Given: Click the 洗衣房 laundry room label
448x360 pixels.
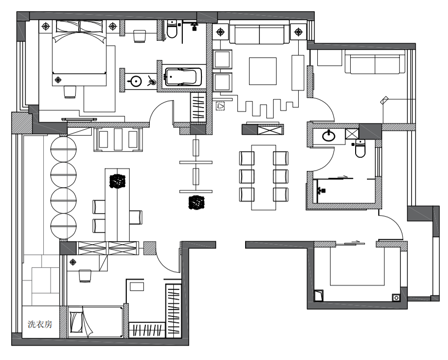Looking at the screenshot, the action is [x=40, y=324].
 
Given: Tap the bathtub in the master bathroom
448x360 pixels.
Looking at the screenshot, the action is [x=183, y=77].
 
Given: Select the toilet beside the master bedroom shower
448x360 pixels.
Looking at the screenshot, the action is [x=172, y=29].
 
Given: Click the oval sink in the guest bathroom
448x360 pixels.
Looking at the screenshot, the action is [x=329, y=136].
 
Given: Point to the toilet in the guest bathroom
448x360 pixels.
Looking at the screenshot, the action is [x=360, y=149].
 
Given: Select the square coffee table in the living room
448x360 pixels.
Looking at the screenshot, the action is [x=263, y=71].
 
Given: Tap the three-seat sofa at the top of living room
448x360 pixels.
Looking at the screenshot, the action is [x=259, y=32].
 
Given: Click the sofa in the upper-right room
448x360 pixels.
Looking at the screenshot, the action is [x=375, y=62].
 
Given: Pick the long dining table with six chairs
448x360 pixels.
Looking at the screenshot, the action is [x=263, y=177].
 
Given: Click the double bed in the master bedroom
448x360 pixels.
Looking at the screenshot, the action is [x=79, y=53].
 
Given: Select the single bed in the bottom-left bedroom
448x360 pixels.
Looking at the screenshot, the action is [x=96, y=322].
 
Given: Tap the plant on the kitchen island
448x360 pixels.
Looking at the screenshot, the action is [x=117, y=181].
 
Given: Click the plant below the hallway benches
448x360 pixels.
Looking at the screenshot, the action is [x=196, y=202].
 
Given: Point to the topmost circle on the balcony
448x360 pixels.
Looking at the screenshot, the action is [x=63, y=149].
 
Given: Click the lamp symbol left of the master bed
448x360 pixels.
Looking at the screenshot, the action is [x=46, y=27].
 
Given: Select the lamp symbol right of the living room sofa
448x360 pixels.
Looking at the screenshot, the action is [x=298, y=32].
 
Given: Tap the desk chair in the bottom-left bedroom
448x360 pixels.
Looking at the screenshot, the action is [x=85, y=276].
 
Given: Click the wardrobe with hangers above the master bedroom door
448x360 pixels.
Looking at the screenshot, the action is [x=198, y=107].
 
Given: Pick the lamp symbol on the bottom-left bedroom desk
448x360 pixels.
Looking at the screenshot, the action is [x=73, y=262].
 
